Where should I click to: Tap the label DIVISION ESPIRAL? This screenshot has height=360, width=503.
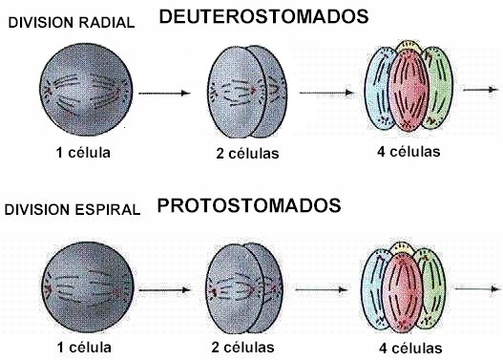point(72,209)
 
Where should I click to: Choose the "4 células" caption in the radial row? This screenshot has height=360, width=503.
point(409,150)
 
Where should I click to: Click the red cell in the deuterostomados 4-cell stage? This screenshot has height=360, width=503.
point(408,91)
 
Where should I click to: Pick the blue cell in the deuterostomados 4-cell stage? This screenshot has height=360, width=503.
point(380,91)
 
